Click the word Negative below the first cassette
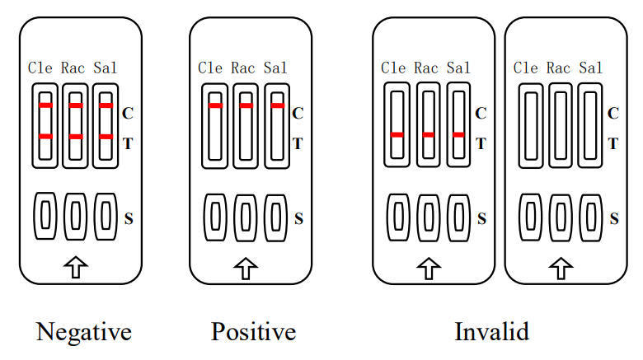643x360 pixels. pyautogui.click(x=84, y=332)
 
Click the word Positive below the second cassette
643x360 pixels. pyautogui.click(x=253, y=332)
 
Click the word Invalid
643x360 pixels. pyautogui.click(x=491, y=332)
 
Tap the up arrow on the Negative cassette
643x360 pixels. pyautogui.click(x=76, y=266)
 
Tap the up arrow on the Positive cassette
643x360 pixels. pyautogui.click(x=245, y=268)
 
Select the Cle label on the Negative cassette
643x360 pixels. pyautogui.click(x=41, y=68)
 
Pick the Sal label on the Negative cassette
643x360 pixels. pyautogui.click(x=105, y=68)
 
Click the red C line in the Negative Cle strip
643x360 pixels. pyautogui.click(x=45, y=105)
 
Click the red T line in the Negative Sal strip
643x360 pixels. pyautogui.click(x=106, y=136)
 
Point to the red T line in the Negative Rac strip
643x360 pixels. pyautogui.click(x=76, y=136)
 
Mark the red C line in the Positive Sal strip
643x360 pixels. pyautogui.click(x=278, y=105)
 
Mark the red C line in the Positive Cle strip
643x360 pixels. pyautogui.click(x=215, y=105)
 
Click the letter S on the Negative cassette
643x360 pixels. pyautogui.click(x=129, y=218)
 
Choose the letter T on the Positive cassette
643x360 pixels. pyautogui.click(x=298, y=143)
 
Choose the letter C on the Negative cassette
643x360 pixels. pyautogui.click(x=128, y=113)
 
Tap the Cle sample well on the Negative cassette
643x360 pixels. pyautogui.click(x=45, y=216)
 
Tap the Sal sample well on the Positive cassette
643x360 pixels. pyautogui.click(x=276, y=217)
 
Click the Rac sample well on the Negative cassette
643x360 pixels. pyautogui.click(x=75, y=216)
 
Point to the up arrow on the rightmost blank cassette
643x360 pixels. pyautogui.click(x=561, y=268)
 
